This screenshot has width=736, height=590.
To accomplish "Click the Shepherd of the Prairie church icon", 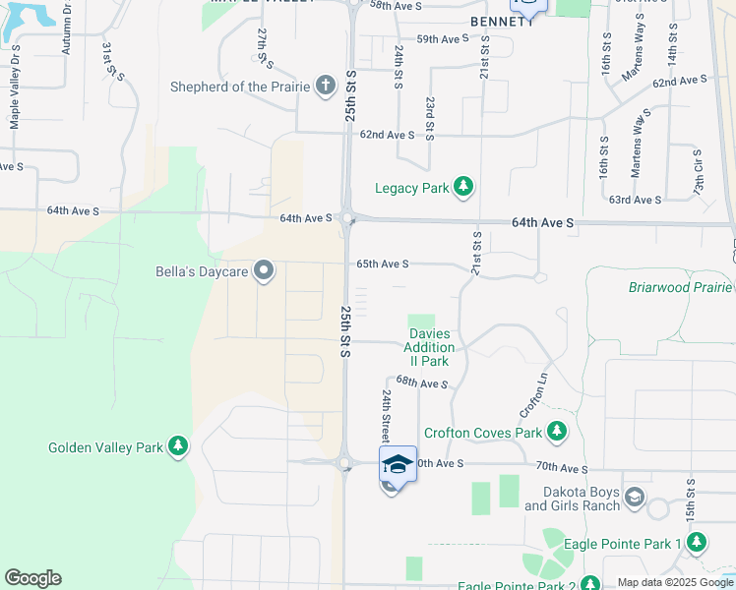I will (325, 86).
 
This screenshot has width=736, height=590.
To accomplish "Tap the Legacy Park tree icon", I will (463, 187).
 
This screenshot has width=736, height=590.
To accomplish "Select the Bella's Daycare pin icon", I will (264, 270).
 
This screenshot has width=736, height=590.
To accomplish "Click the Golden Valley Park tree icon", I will (178, 447).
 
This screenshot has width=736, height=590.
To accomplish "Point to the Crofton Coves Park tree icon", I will (557, 432).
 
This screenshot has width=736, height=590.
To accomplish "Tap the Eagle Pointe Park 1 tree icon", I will (697, 543).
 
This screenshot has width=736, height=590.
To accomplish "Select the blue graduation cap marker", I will (398, 464).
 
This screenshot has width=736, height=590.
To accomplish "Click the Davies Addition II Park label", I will (429, 348).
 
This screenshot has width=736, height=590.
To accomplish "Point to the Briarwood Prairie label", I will (680, 287).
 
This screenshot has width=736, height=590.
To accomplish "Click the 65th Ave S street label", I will (382, 264).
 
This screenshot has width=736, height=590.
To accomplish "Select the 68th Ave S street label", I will (422, 382).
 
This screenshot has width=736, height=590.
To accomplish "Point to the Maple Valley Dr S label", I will (15, 98).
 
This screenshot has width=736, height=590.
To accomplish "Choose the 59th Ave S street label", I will (443, 39).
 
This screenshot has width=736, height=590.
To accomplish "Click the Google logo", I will (32, 578).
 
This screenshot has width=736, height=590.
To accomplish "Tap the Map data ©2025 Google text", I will (675, 582).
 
